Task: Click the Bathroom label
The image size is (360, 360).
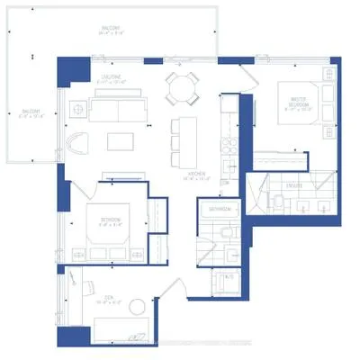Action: pyautogui.click(x=220, y=210)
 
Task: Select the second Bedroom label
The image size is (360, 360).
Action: pyautogui.click(x=111, y=220)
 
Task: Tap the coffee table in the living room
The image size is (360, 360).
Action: pyautogui.click(x=121, y=141)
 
